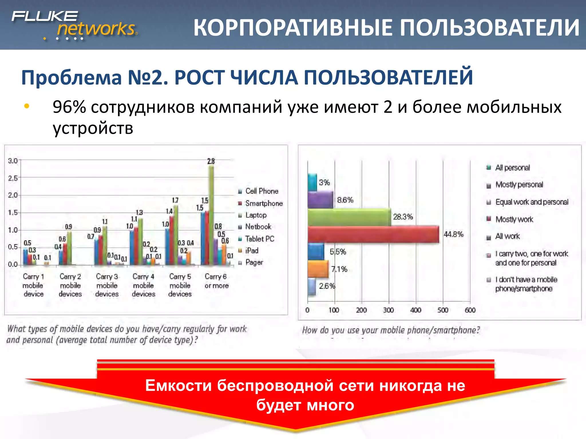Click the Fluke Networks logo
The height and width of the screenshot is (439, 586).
click(74, 25)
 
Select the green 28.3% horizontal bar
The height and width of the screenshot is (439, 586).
click(349, 217)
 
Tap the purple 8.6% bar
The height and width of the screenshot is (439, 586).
click(320, 199)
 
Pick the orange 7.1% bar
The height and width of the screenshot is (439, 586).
click(318, 269)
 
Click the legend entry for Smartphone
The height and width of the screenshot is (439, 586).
click(264, 203)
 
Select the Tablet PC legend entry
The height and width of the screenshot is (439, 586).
click(259, 239)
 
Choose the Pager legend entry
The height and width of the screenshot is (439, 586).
click(254, 262)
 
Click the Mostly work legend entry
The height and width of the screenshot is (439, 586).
click(514, 219)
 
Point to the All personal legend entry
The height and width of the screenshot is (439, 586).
click(512, 167)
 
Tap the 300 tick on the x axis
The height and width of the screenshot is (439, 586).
click(388, 310)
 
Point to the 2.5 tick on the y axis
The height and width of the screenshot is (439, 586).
click(13, 178)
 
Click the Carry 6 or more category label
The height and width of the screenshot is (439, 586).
click(216, 281)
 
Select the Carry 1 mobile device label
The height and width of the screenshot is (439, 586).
click(33, 285)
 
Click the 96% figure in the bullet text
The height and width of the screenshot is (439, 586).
click(69, 107)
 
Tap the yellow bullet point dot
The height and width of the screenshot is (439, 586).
click(27, 106)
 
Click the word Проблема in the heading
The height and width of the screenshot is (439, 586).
click(72, 78)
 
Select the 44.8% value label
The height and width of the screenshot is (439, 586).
click(453, 234)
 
